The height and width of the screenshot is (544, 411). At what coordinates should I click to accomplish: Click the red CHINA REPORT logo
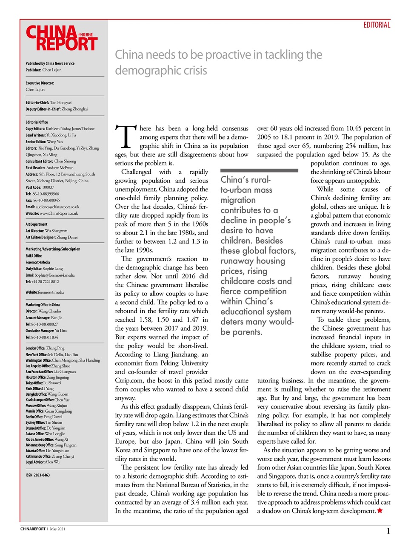[x=61, y=38]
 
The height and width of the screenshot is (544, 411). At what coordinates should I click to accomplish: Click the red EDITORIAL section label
[x=377, y=25]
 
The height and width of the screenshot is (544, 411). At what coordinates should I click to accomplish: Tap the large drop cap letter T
[x=126, y=136]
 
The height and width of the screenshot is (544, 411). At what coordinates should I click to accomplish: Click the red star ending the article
[x=380, y=510]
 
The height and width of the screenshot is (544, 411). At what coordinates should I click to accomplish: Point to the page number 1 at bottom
[x=388, y=530]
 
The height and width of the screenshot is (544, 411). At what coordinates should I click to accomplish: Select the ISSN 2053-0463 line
[x=37, y=475]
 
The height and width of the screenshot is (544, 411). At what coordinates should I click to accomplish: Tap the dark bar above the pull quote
[x=259, y=170]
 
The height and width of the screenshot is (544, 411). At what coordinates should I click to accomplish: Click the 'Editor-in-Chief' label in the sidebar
[x=37, y=102]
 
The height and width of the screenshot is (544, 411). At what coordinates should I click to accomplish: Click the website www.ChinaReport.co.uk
[x=58, y=213]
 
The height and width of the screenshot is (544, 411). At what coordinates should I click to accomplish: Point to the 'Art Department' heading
[x=37, y=224]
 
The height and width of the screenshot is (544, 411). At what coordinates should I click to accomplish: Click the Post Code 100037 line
[x=40, y=187]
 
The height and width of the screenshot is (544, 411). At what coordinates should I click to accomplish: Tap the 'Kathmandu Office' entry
[x=50, y=456]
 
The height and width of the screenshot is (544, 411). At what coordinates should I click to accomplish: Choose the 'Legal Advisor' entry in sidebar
[x=43, y=462]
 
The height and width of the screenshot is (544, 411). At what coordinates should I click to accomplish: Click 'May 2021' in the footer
[x=57, y=529]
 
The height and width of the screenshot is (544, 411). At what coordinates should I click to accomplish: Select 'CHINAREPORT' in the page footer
[x=33, y=529]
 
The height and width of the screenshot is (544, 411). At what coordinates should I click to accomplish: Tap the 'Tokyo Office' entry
[x=43, y=383]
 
